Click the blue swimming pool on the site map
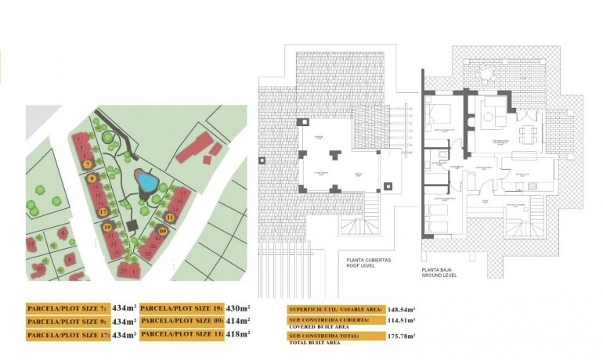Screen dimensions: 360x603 coord(146,181)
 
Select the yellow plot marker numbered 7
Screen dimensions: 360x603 coord(88,164)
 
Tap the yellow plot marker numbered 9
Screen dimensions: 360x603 coord(92,178)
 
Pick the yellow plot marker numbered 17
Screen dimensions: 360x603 coord(103,211)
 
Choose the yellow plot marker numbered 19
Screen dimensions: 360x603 coord(107,227)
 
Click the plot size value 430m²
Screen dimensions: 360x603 coord(237,308)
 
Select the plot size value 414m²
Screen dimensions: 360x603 coord(237,321)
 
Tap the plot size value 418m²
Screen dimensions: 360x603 coord(237,334)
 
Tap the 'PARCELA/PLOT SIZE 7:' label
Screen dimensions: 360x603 coord(67,308)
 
